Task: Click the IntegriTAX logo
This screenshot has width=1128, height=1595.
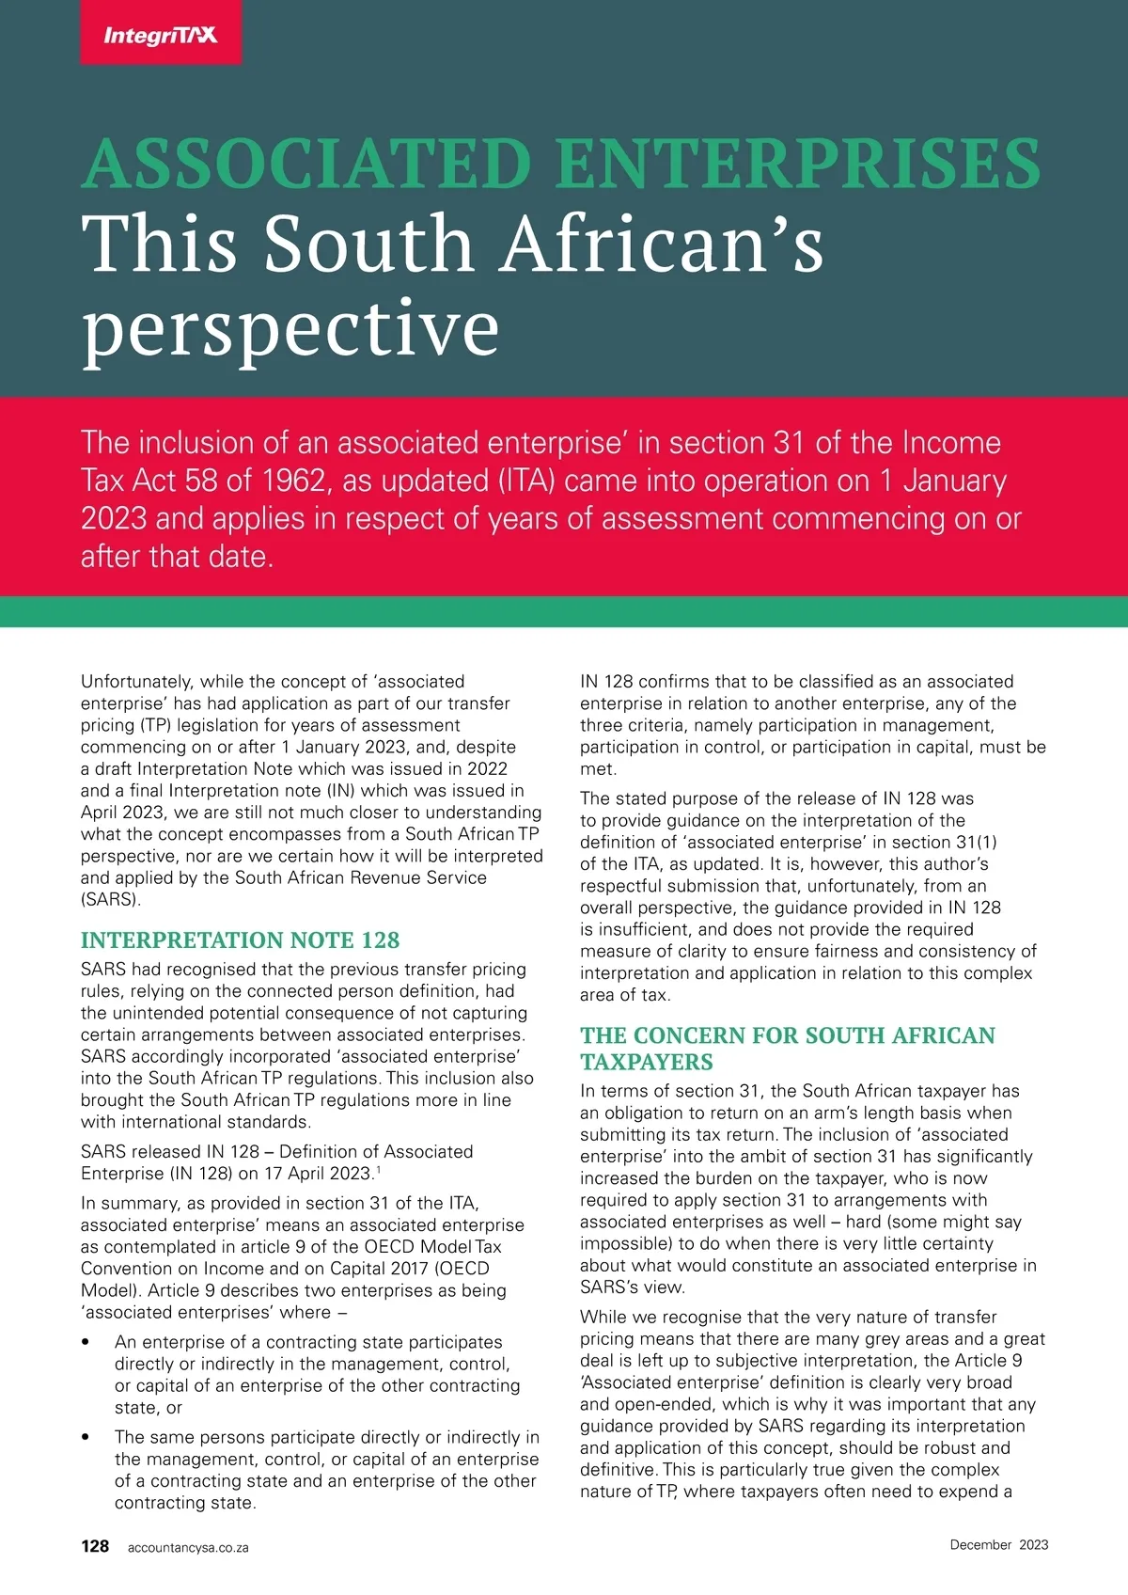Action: (x=160, y=36)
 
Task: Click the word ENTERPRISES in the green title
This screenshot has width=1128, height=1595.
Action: (x=797, y=165)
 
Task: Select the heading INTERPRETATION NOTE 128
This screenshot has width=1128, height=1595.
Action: (x=240, y=940)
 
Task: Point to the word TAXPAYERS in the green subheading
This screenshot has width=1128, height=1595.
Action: (x=647, y=1062)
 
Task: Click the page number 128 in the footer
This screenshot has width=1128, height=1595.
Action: (x=95, y=1546)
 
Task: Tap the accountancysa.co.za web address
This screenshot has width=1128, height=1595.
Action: (x=188, y=1547)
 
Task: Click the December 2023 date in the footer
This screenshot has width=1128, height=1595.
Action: (x=998, y=1544)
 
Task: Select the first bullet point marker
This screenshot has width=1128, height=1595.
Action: (x=86, y=1343)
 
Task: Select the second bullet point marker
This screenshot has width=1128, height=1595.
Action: (x=86, y=1438)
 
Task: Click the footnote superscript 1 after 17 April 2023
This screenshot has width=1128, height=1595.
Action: (x=378, y=1170)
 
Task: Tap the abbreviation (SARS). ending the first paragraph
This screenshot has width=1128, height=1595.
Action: (x=111, y=899)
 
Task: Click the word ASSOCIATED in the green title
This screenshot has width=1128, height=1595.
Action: (x=306, y=165)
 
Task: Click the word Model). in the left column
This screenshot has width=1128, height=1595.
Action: (x=111, y=1290)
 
